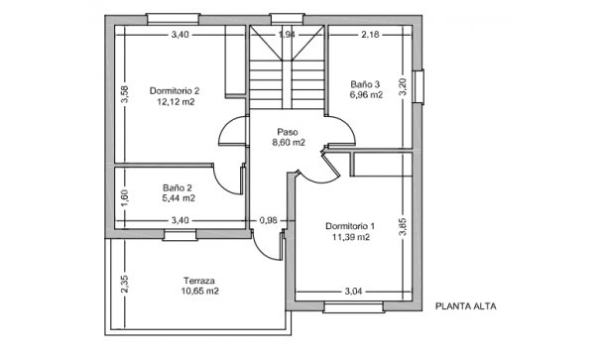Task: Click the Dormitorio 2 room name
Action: (175, 91)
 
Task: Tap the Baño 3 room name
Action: (366, 84)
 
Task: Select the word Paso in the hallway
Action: (288, 131)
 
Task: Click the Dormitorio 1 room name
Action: (350, 226)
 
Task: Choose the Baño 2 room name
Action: (179, 186)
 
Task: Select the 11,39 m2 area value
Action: (350, 238)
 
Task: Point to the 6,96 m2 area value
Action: (366, 95)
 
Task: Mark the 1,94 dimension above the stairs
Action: (287, 35)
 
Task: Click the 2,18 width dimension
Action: (370, 35)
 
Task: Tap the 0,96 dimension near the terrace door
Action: (268, 220)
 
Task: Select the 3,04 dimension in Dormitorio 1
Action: (352, 292)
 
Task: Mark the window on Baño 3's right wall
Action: (420, 85)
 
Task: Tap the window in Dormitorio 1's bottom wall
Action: (352, 307)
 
